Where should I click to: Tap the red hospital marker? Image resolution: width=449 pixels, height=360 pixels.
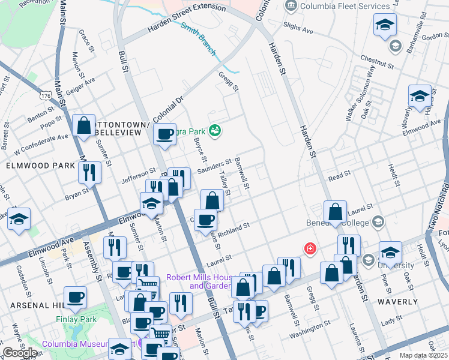310,248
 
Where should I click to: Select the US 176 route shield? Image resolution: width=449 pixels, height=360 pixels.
47,96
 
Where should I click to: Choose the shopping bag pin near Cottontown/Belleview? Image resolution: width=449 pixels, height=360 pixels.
84,126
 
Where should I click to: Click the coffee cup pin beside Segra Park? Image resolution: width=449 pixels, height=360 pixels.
164,134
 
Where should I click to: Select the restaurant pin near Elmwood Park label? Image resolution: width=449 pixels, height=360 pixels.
89,172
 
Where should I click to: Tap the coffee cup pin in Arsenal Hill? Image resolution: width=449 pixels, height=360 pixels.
76,297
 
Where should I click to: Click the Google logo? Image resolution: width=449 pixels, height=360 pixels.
20,353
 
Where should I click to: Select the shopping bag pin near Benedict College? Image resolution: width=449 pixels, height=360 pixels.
335,211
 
